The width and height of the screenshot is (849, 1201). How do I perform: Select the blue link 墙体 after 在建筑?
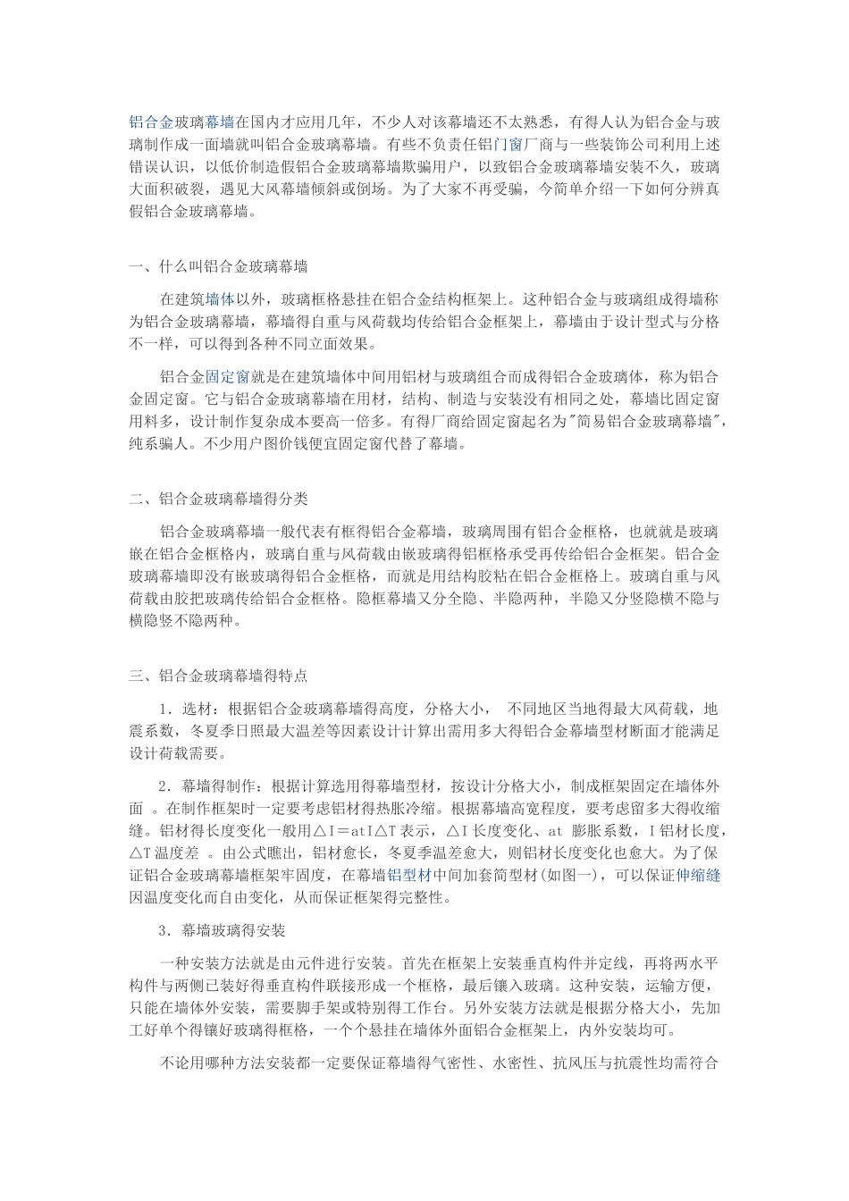[x=220, y=299]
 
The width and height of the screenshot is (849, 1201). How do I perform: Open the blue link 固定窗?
[x=227, y=377]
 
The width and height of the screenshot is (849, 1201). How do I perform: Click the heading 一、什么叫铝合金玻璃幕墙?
[x=219, y=266]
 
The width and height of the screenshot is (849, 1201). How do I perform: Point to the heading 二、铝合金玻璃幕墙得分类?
[x=219, y=499]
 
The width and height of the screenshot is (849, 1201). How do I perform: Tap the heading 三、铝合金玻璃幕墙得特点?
[x=219, y=676]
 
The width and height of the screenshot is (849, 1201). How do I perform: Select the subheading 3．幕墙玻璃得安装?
[x=222, y=930]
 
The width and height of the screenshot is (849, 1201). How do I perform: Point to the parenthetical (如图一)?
[x=592, y=875]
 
